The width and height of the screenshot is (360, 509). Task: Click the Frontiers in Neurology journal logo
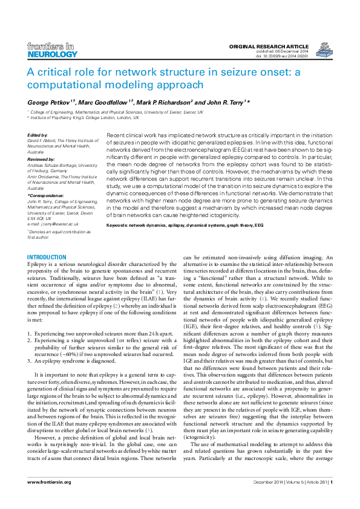tap(53, 50)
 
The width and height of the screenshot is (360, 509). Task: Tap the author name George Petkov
tap(50, 102)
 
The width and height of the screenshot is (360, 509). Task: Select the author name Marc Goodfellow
tap(108, 102)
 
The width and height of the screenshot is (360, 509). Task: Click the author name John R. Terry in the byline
tap(224, 102)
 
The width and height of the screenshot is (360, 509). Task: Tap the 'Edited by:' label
tap(38, 135)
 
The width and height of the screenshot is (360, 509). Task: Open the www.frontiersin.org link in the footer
tap(50, 499)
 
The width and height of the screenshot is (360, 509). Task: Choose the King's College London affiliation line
tap(91, 118)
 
